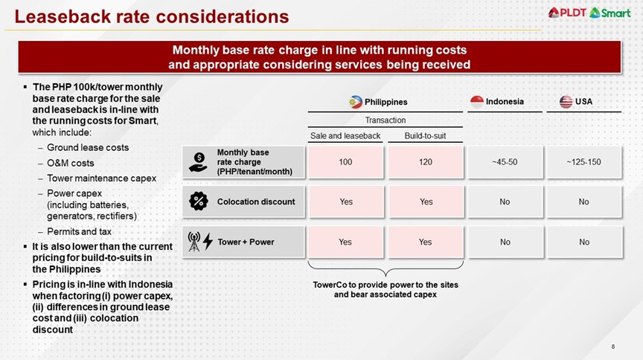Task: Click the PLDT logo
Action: [567, 12]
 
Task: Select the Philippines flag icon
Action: [356, 102]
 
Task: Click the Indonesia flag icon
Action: [477, 101]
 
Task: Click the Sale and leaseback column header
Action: [345, 135]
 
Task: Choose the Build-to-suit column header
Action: [426, 135]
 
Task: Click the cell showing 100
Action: [345, 161]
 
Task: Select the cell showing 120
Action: [426, 161]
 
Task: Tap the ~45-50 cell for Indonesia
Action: [505, 161]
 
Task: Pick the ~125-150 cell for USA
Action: [583, 161]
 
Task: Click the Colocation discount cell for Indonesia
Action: [505, 202]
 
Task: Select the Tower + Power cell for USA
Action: [583, 242]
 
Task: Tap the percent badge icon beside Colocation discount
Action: [199, 201]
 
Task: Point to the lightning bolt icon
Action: [208, 242]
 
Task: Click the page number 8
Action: [612, 347]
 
